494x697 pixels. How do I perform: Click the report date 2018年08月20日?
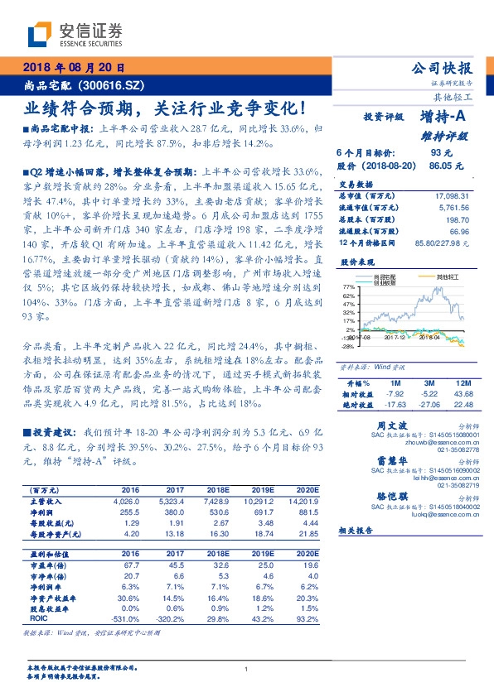click(x=71, y=68)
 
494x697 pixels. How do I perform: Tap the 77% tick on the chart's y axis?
click(x=347, y=286)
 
